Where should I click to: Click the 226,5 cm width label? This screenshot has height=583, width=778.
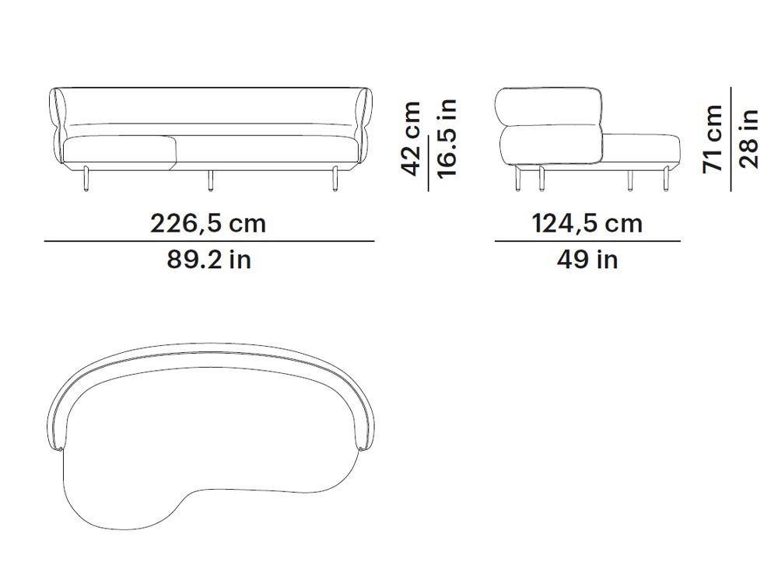(x=209, y=224)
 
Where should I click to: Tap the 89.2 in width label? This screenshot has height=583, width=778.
(x=209, y=260)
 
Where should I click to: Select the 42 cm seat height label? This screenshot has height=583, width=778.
(x=412, y=139)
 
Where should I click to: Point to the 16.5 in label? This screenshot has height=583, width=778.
(x=447, y=138)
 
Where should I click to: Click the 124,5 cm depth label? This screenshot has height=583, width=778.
(x=587, y=224)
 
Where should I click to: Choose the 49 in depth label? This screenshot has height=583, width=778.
(x=587, y=260)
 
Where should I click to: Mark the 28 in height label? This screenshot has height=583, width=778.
(x=748, y=139)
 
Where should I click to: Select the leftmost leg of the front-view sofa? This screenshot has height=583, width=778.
(x=86, y=179)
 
